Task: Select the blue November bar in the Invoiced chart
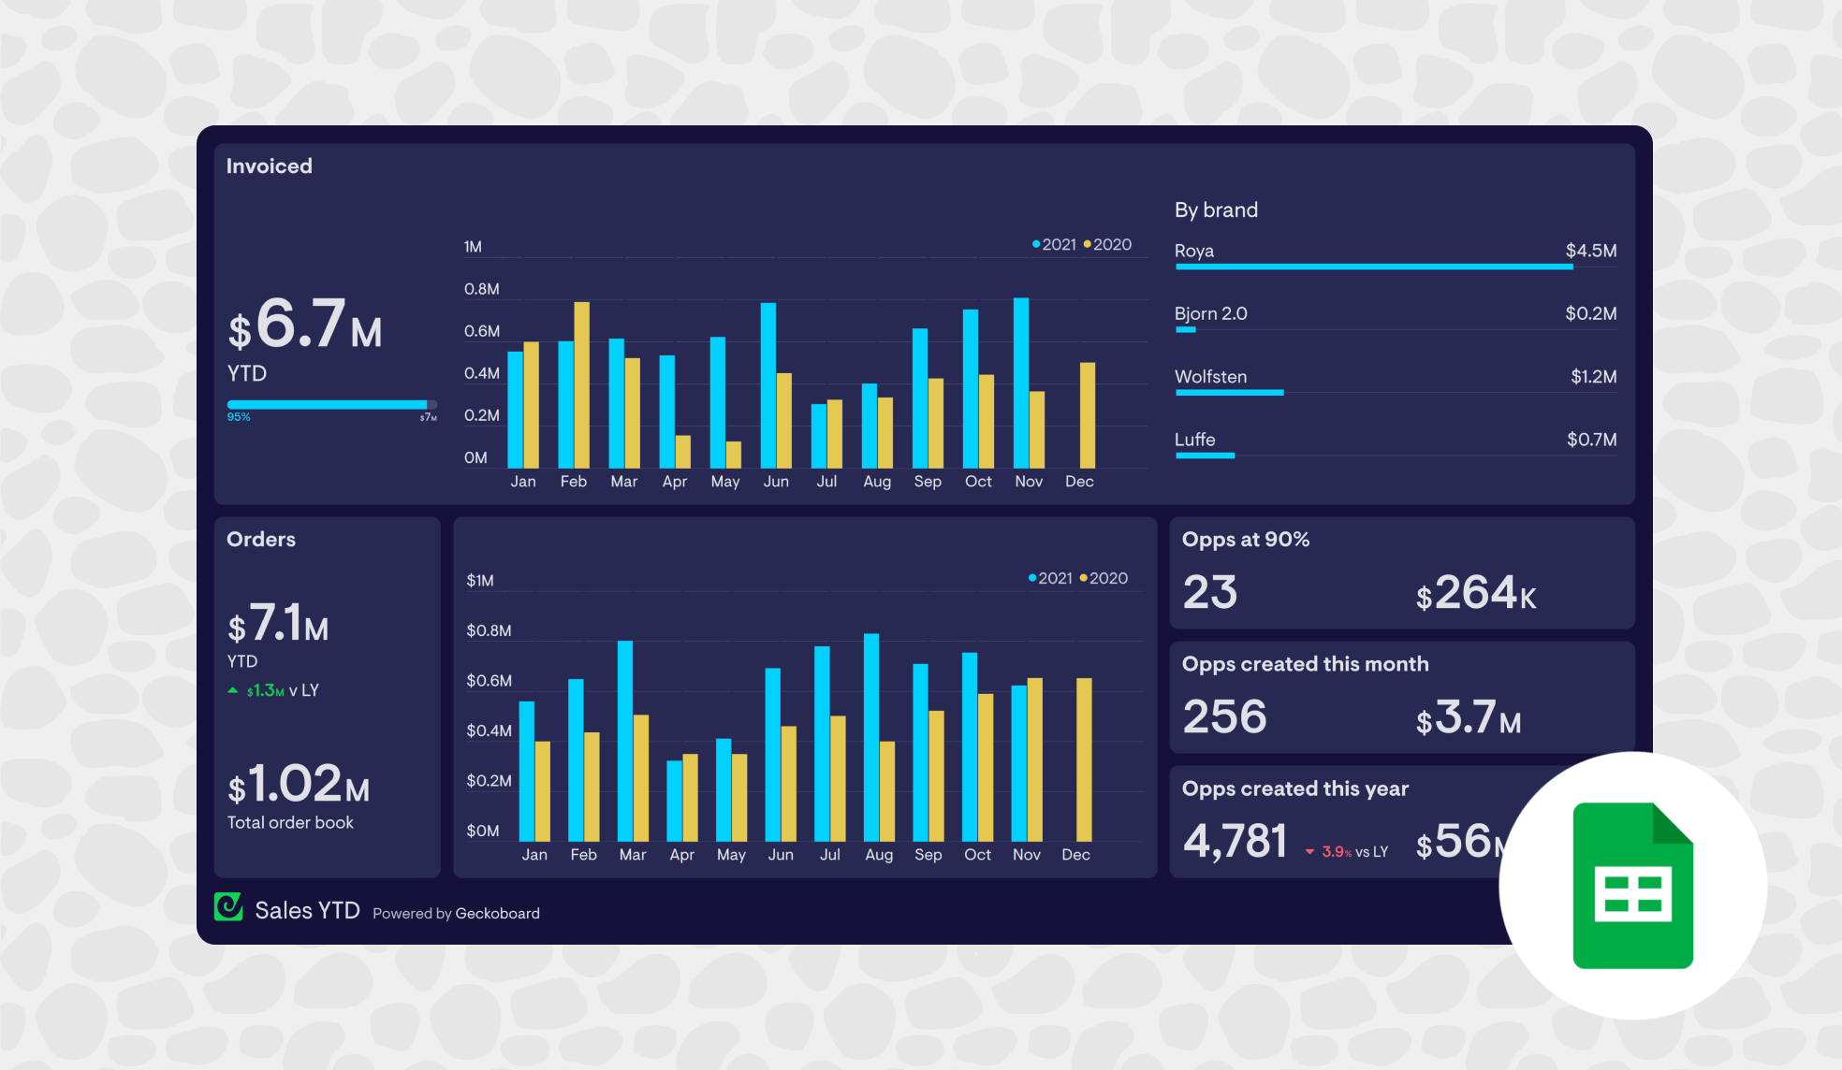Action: pyautogui.click(x=1020, y=383)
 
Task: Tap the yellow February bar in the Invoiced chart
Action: pyautogui.click(x=581, y=384)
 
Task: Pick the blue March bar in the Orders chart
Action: pyautogui.click(x=624, y=740)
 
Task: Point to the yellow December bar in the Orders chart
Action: pyautogui.click(x=1084, y=759)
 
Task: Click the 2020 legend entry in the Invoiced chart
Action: pyautogui.click(x=1108, y=244)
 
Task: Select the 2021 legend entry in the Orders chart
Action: pyautogui.click(x=1050, y=578)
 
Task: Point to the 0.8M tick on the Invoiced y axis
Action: pyautogui.click(x=481, y=289)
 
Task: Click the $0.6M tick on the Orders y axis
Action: pyautogui.click(x=489, y=680)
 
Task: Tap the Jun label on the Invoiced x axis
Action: pyautogui.click(x=776, y=481)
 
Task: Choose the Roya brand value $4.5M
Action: pyautogui.click(x=1590, y=251)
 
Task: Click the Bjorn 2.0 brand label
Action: pyautogui.click(x=1210, y=313)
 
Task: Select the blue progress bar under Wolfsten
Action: pyautogui.click(x=1229, y=393)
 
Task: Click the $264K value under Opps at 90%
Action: pyautogui.click(x=1475, y=593)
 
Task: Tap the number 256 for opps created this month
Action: pyautogui.click(x=1224, y=716)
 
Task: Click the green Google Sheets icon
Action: pyautogui.click(x=1632, y=885)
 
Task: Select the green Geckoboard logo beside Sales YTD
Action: pyautogui.click(x=228, y=907)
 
